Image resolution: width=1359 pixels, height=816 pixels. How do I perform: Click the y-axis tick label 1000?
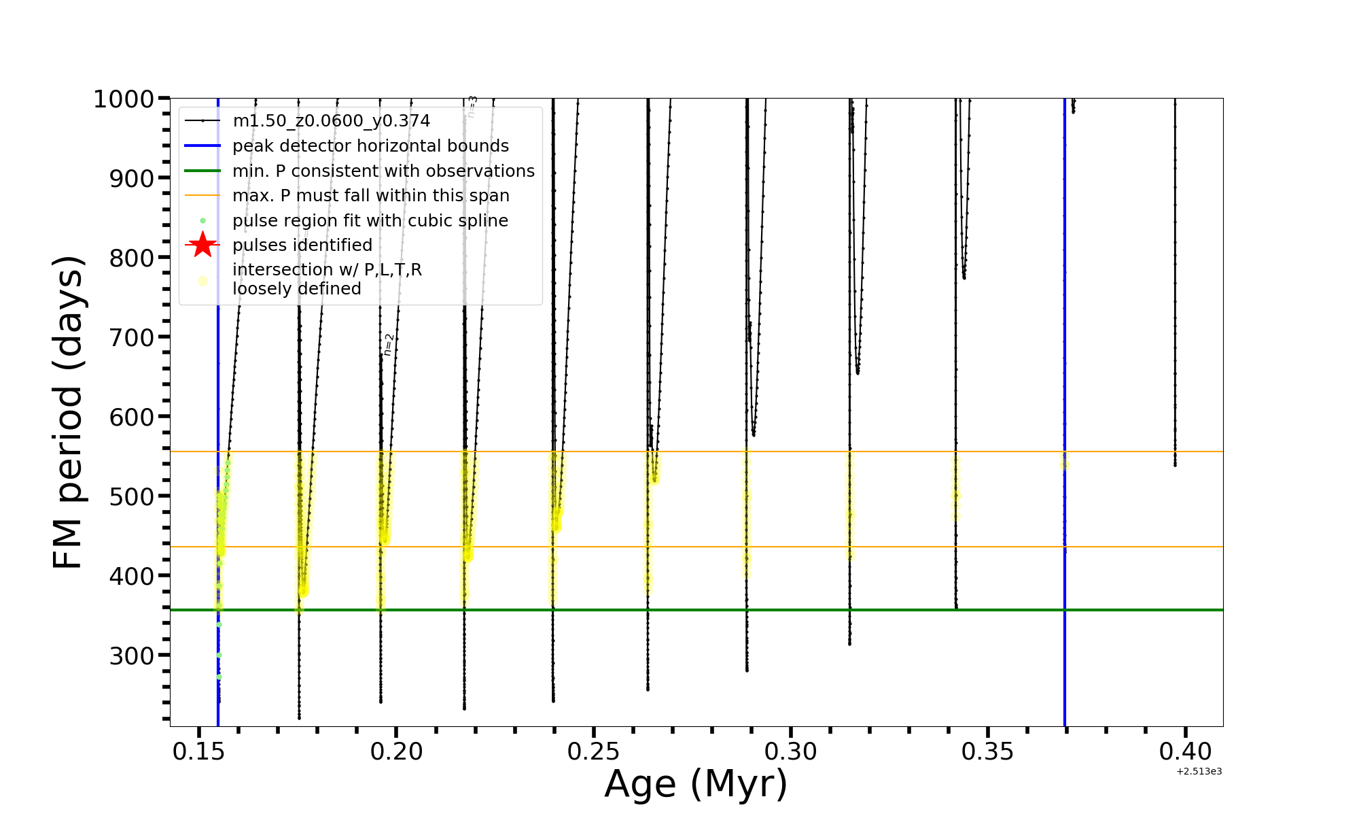[123, 99]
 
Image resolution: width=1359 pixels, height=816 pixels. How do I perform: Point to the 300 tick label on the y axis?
[132, 656]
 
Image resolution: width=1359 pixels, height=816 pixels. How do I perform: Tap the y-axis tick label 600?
[132, 417]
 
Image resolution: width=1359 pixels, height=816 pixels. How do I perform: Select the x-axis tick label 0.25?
[593, 751]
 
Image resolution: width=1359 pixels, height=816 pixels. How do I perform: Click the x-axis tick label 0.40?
[1185, 751]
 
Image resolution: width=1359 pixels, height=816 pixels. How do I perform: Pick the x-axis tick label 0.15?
[198, 751]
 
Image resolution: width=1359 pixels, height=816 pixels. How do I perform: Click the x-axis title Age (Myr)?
[696, 784]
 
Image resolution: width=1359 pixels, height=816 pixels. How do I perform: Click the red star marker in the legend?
[202, 245]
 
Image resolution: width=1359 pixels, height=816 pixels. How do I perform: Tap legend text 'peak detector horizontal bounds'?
[370, 146]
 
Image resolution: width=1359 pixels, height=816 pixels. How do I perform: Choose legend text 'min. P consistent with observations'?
[383, 171]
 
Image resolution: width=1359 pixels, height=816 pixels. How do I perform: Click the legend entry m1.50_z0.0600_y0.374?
[331, 121]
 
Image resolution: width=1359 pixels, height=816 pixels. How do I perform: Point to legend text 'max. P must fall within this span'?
[370, 196]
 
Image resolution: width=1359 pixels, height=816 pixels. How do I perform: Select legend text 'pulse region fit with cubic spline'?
[370, 221]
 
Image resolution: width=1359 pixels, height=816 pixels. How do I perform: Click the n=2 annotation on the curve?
[388, 345]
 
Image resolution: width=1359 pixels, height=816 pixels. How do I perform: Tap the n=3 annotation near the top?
[472, 107]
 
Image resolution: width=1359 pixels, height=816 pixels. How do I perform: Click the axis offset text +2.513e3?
[1199, 772]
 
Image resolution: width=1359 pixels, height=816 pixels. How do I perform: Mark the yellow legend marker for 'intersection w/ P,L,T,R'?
[202, 281]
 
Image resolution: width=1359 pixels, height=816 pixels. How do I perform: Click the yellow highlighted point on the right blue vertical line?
[1064, 465]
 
